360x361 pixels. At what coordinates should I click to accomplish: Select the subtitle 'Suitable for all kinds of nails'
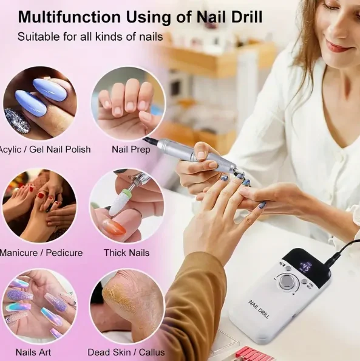[90, 37]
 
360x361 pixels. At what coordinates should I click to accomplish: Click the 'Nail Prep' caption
[127, 149]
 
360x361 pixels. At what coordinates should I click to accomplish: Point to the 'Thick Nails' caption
[126, 252]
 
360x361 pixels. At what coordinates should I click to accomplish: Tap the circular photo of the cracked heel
[126, 306]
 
